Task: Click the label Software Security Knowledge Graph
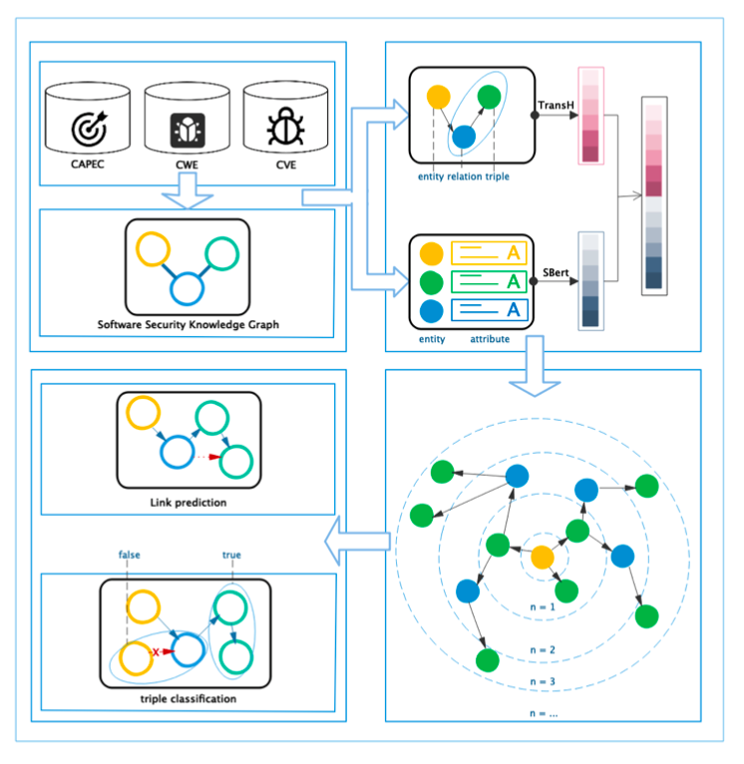pyautogui.click(x=187, y=324)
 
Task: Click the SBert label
pyautogui.click(x=555, y=271)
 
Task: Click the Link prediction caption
pyautogui.click(x=187, y=502)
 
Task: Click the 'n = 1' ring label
pyautogui.click(x=544, y=606)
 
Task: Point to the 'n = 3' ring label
pyautogui.click(x=543, y=682)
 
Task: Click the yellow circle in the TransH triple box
pyautogui.click(x=437, y=98)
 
